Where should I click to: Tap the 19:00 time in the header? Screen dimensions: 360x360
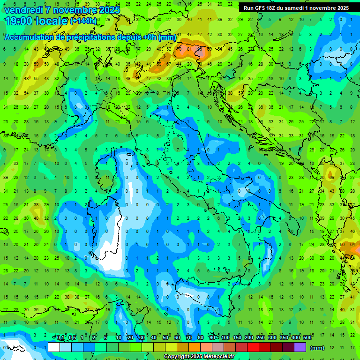coord(19,21)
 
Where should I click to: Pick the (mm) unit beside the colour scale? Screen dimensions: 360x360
coord(317,347)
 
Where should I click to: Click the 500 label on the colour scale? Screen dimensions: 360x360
coord(307,338)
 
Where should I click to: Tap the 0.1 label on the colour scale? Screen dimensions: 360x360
coord(60,338)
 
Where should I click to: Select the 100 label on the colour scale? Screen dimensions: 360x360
coord(225,338)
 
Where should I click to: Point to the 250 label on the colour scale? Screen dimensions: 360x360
coord(261,338)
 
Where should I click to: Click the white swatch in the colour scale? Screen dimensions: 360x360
coord(53,347)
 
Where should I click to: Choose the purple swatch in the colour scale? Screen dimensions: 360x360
coord(300,347)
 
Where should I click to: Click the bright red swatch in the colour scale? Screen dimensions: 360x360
coord(253,347)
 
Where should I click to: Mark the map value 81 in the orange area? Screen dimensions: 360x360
coord(190,49)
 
